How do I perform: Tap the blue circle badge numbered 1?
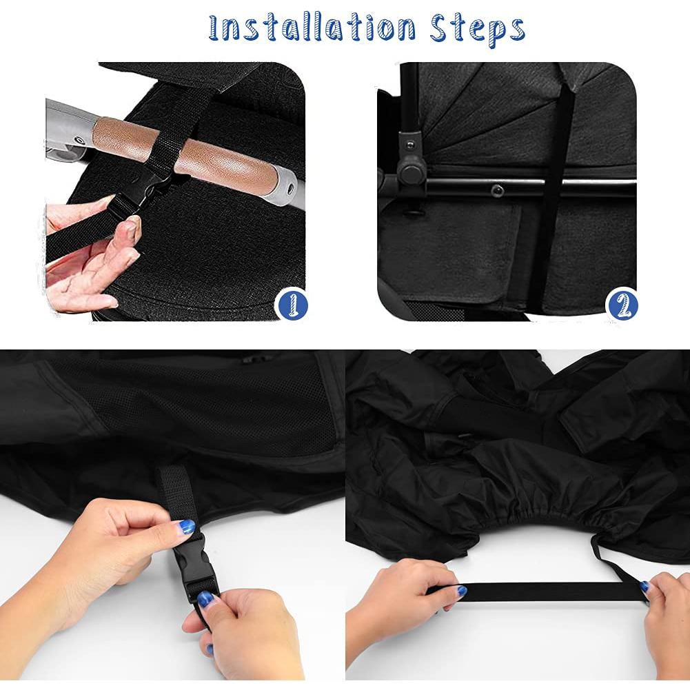click(x=291, y=304)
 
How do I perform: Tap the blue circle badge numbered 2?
click(x=622, y=304)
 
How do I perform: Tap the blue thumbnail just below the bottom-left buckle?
click(x=206, y=599)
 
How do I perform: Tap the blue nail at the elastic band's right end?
click(x=644, y=587)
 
